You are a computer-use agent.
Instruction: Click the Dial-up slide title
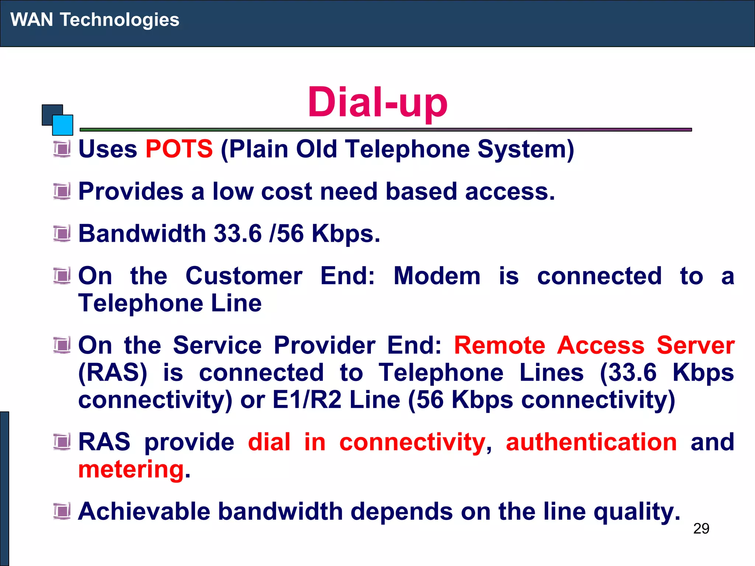tap(377, 102)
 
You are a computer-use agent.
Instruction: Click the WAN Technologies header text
tap(95, 20)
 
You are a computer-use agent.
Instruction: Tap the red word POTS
tap(179, 149)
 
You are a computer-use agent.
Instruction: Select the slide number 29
tap(701, 528)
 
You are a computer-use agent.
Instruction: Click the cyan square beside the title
tap(63, 125)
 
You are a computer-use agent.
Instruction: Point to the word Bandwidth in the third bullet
tap(142, 234)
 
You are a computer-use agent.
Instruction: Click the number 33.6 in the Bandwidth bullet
tap(238, 234)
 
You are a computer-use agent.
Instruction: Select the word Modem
tap(437, 276)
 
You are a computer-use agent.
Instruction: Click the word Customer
tap(244, 276)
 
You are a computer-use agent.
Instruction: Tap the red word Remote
tap(500, 345)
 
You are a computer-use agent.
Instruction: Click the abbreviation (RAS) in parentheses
tap(113, 373)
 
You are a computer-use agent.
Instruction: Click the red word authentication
tap(591, 442)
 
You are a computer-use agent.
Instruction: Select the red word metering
tap(131, 469)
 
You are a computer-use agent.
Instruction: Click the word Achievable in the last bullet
tap(144, 511)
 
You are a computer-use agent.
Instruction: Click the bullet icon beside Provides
tap(62, 191)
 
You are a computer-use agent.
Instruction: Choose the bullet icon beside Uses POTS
tap(62, 149)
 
